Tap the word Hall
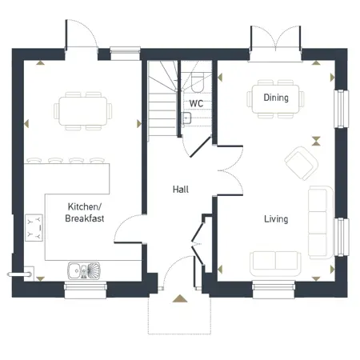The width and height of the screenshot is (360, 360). [181, 190]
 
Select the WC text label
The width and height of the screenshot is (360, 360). [196, 103]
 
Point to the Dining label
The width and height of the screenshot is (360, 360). [276, 98]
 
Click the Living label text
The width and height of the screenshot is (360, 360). [276, 218]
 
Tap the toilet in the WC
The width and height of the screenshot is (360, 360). [198, 81]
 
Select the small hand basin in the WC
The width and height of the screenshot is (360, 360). [186, 119]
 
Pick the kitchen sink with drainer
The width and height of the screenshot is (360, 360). [83, 270]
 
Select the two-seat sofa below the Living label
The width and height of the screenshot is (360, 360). [275, 262]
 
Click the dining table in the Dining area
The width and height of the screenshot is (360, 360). [276, 98]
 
